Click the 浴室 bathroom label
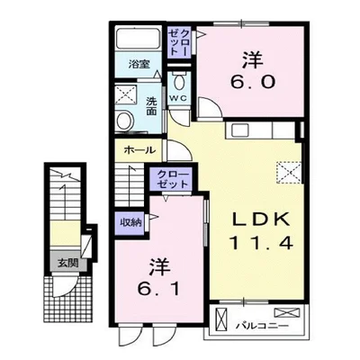[139, 64]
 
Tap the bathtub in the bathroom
[139, 39]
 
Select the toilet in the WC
[179, 82]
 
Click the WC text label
[179, 98]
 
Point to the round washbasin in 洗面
[125, 121]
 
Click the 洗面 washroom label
[152, 106]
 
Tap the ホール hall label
[139, 149]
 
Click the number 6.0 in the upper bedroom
[253, 81]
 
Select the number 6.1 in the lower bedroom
[159, 289]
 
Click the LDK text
[261, 220]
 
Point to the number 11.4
[261, 243]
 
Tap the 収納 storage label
[130, 222]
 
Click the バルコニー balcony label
[262, 326]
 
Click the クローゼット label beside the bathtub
[179, 42]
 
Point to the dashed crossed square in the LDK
[289, 173]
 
